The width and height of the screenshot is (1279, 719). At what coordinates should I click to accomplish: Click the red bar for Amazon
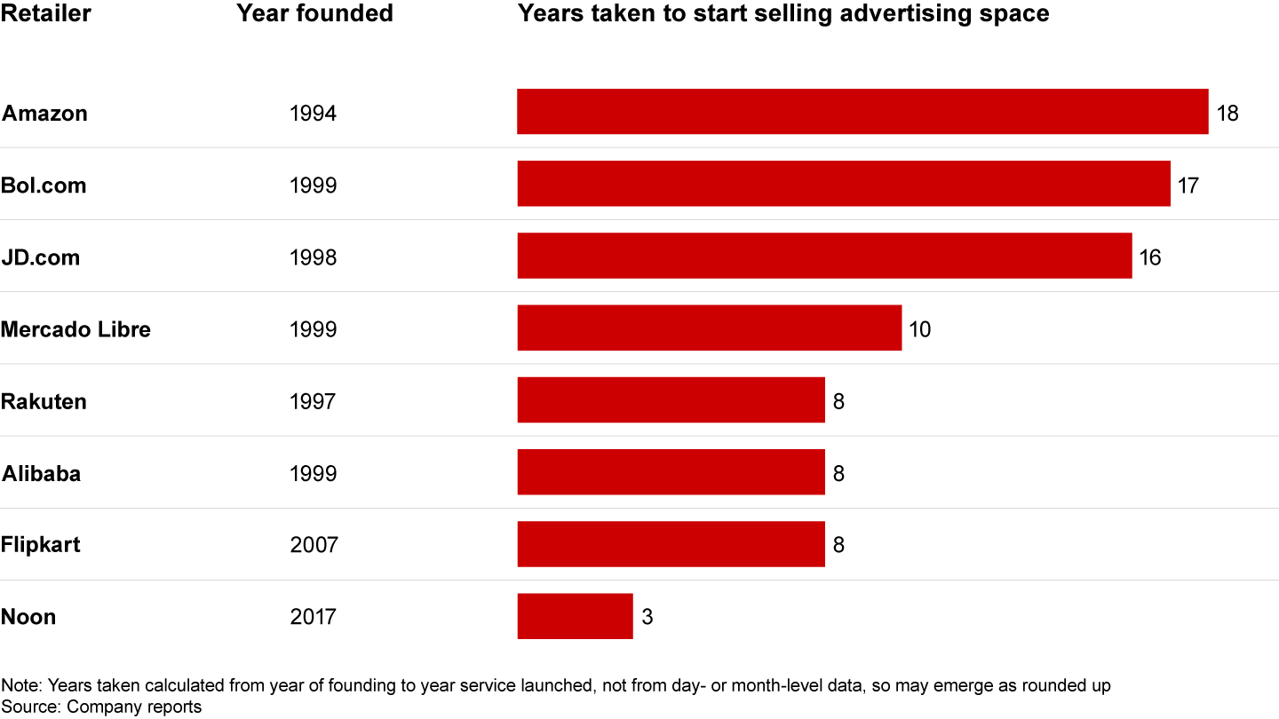point(862,112)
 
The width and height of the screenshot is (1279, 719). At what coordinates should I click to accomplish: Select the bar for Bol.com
point(844,184)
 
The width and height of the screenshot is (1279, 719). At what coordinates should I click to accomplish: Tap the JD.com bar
point(824,256)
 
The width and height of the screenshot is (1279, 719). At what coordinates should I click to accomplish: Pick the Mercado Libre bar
point(709,328)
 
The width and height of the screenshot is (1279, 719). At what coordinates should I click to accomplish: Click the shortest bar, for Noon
point(575,616)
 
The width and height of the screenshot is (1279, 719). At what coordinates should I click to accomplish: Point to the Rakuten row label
point(44,401)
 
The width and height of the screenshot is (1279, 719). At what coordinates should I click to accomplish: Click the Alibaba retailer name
point(41,473)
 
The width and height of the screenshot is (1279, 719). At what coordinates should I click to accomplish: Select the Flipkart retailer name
point(40,544)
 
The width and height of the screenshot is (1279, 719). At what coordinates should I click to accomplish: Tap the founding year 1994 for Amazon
point(313,114)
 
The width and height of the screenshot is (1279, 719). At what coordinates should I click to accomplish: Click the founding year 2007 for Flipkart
point(314,544)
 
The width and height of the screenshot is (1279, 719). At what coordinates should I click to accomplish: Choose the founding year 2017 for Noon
point(314,617)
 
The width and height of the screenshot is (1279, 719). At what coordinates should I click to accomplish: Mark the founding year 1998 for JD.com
point(313,257)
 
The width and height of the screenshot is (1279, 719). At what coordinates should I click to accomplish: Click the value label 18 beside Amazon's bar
point(1227,114)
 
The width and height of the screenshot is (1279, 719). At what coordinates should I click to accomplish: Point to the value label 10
point(919,329)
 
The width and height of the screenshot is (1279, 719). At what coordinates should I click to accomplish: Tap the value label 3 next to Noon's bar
point(647,617)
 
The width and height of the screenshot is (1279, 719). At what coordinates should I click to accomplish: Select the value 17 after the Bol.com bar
point(1188,186)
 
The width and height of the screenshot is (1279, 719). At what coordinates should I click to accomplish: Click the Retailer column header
point(45,14)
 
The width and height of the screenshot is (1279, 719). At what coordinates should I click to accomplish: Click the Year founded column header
point(314,14)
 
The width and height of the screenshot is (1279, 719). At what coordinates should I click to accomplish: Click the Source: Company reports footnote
point(101,707)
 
